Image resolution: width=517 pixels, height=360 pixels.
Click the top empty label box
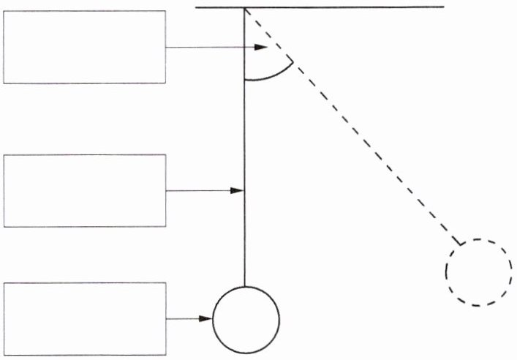tap(84, 47)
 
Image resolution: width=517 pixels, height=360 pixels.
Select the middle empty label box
tap(84, 190)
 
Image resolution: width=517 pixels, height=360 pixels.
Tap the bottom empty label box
tap(84, 319)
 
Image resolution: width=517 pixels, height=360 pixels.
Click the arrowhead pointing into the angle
tap(261, 48)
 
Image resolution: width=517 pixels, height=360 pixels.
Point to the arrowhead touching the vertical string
tap(237, 190)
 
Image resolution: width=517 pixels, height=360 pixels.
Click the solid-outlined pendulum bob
tap(246, 320)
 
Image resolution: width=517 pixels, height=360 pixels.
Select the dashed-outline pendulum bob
tap(479, 272)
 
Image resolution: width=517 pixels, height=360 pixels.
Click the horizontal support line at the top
tap(344, 7)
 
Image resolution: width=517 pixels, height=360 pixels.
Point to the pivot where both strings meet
tap(244, 7)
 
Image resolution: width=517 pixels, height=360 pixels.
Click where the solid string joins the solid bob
tap(244, 286)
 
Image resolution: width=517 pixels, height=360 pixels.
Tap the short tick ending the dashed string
tap(458, 241)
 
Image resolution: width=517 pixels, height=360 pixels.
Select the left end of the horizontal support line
tap(197, 7)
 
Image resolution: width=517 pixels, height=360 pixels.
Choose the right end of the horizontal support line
tap(443, 7)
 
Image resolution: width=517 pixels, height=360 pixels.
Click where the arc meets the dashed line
tap(293, 61)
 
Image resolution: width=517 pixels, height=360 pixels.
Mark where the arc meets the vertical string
tap(244, 79)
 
